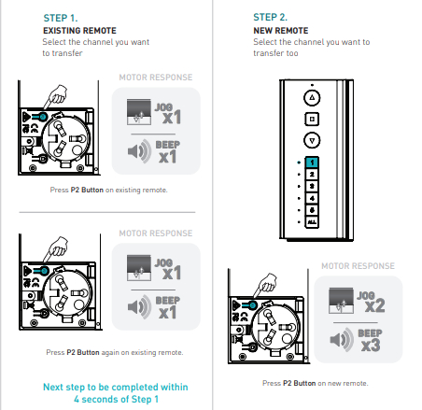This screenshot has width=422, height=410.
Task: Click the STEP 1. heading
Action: tap(61, 18)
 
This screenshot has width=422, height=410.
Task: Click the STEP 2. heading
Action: tap(270, 17)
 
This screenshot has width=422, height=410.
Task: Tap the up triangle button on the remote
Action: tap(312, 98)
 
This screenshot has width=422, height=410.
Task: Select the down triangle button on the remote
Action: tap(312, 140)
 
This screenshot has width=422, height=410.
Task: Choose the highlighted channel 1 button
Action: tap(312, 163)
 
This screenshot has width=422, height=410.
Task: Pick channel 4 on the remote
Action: tap(312, 198)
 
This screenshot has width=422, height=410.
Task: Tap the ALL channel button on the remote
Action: tap(312, 222)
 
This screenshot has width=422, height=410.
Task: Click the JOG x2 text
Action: tap(371, 302)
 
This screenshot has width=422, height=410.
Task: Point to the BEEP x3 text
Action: tap(371, 341)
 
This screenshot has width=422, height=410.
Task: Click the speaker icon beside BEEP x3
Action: tap(342, 340)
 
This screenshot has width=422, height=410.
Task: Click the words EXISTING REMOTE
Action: tap(79, 31)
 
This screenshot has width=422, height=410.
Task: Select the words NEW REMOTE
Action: tap(281, 31)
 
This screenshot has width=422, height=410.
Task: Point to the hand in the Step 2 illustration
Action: tap(267, 283)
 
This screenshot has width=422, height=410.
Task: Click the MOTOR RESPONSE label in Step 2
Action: tap(358, 266)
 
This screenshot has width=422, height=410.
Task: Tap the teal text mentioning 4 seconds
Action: tap(116, 393)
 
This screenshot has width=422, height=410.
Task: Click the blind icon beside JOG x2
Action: tap(341, 301)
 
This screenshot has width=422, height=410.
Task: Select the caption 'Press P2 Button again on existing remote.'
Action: tap(115, 352)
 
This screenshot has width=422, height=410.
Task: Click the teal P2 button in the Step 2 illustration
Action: tap(253, 305)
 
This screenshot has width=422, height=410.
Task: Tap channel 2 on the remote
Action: tap(312, 174)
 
